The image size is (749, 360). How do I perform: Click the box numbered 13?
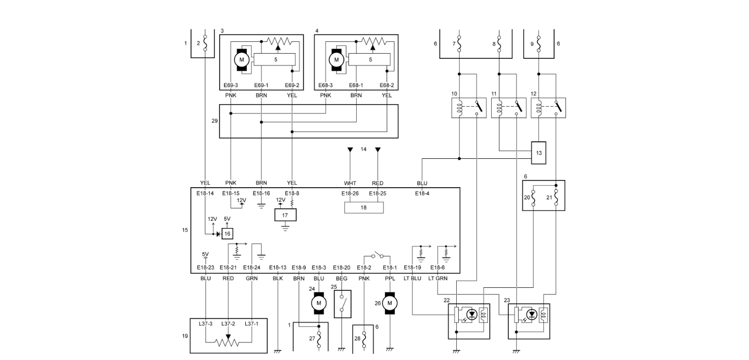[x=539, y=153]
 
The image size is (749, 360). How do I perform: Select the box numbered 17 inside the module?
[x=285, y=215]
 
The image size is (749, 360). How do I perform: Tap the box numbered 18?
[x=364, y=207]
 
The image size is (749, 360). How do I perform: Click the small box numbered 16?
[x=227, y=234]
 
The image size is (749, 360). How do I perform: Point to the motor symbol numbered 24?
[x=319, y=303]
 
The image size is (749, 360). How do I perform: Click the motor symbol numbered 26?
[x=390, y=303]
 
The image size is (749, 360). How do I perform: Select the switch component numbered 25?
[x=342, y=304]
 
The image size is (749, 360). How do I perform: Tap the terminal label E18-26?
[x=349, y=193]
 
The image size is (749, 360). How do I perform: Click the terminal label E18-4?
[x=422, y=193]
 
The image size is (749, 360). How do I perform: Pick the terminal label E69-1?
[x=261, y=85]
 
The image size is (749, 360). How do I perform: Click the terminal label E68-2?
[x=387, y=85]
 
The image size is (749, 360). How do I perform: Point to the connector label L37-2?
[x=228, y=324]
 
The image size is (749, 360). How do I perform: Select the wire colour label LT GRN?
[x=438, y=279]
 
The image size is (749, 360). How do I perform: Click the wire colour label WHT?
[x=350, y=183]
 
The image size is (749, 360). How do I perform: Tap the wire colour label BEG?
[x=341, y=279]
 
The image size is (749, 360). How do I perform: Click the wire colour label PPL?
[x=390, y=279]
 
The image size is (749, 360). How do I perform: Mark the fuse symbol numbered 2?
[x=205, y=43]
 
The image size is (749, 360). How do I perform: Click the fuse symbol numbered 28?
[x=364, y=338]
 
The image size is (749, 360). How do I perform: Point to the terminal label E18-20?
[x=341, y=268]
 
